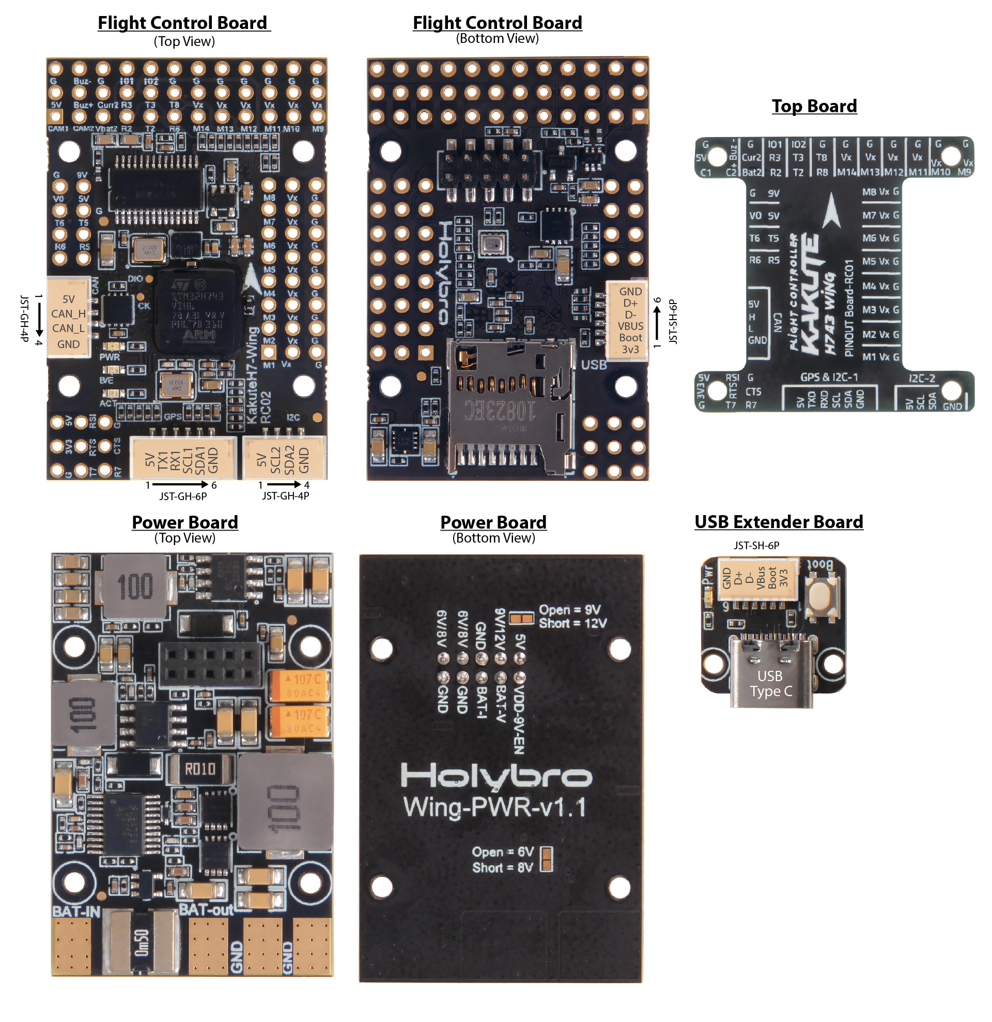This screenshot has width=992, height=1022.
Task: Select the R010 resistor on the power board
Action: pyautogui.click(x=200, y=769)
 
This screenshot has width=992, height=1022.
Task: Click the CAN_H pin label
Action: pyautogui.click(x=68, y=314)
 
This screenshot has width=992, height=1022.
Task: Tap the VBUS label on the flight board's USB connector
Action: pyautogui.click(x=630, y=326)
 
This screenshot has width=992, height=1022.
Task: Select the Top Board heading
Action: pyautogui.click(x=814, y=106)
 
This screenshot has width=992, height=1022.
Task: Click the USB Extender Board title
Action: pyautogui.click(x=779, y=522)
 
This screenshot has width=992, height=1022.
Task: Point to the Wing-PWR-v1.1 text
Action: pyautogui.click(x=494, y=808)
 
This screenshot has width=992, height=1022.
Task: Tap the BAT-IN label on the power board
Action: pyautogui.click(x=76, y=911)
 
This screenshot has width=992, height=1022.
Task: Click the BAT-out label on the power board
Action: pyautogui.click(x=206, y=910)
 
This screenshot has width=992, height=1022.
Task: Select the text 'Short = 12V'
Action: pyautogui.click(x=572, y=623)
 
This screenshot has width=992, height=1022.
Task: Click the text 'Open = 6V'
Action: pyautogui.click(x=503, y=852)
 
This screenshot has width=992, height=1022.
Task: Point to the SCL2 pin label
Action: pyautogui.click(x=275, y=459)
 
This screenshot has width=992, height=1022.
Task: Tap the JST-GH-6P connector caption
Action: pyautogui.click(x=183, y=497)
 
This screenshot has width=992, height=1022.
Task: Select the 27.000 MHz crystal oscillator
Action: pyautogui.click(x=149, y=249)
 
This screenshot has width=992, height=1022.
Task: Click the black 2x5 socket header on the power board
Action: pyautogui.click(x=210, y=664)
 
